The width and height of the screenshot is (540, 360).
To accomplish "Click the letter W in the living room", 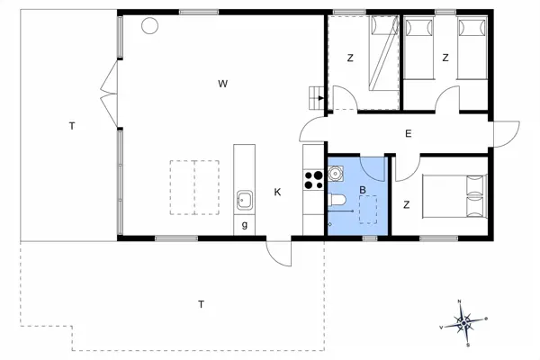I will pos(221,84).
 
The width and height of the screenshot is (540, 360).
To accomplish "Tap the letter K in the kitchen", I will pos(278,192).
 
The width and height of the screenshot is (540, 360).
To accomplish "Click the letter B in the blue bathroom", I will pos(363,190).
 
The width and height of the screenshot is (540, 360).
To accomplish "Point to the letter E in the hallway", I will pos(408,134).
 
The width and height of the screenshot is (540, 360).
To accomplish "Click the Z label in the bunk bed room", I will pos(351,58).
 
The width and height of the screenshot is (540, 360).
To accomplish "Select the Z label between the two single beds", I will pos(445,58).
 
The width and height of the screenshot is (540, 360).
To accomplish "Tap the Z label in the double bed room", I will pos(406,205).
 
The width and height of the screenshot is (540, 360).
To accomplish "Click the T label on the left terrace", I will pos(71,126).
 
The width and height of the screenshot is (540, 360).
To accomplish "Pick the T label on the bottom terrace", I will pos(201,304).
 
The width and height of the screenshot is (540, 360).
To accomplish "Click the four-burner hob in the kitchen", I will pos(313,179).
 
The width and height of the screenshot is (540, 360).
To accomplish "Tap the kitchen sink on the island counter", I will pos(243,199).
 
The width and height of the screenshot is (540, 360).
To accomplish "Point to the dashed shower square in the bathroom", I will pos(369,209).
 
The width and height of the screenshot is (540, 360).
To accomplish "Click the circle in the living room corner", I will pos(149,24).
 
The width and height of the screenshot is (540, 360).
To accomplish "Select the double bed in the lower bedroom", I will pos(454,196).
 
